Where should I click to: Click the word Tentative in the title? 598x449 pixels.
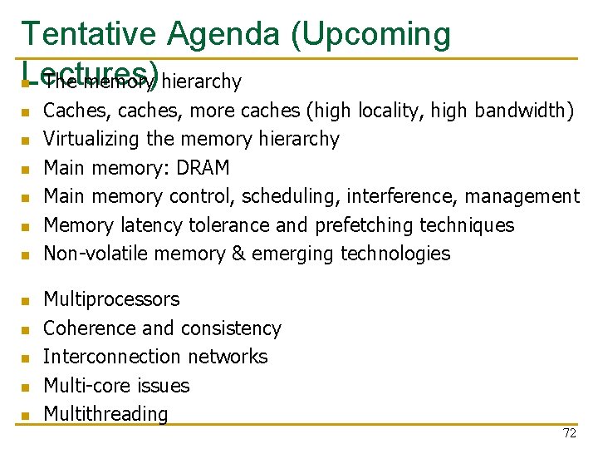click(x=87, y=34)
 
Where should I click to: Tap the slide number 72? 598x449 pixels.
click(x=569, y=433)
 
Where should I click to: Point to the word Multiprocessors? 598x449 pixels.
click(x=110, y=299)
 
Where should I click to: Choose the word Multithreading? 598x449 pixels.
click(x=105, y=414)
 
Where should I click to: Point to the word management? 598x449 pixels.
click(x=522, y=196)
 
